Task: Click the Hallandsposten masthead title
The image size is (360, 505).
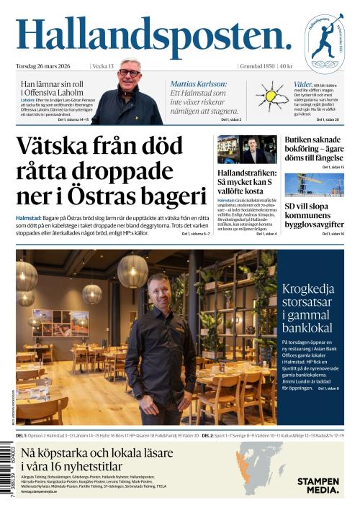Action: click(153, 36)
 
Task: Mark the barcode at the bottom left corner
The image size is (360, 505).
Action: click(9, 471)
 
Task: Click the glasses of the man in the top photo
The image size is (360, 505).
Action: click(130, 73)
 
